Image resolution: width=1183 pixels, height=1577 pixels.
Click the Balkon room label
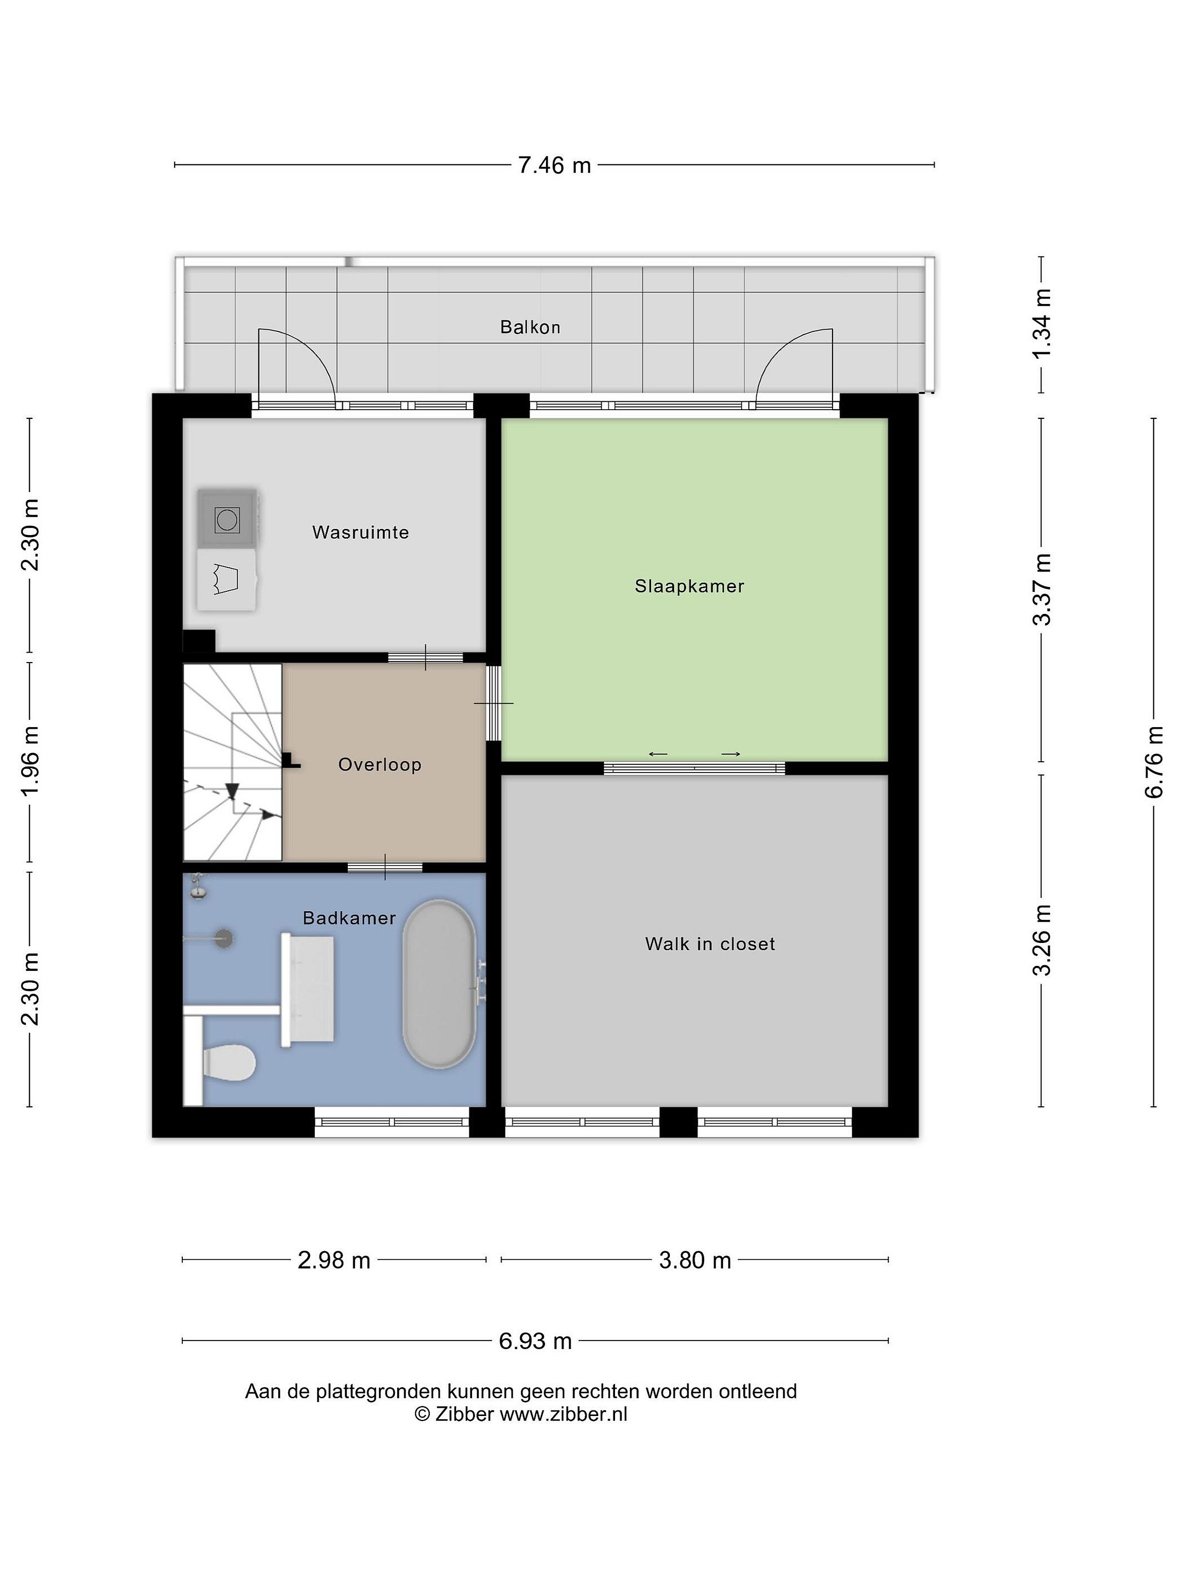[530, 327]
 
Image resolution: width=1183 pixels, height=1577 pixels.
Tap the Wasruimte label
[360, 533]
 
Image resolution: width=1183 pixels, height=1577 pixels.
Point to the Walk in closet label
[709, 944]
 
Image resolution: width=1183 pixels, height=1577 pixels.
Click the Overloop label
[380, 765]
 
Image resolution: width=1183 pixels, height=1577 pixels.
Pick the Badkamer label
[349, 918]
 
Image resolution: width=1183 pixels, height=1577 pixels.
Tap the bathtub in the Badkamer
[439, 984]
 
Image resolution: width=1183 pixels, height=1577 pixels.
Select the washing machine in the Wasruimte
[227, 519]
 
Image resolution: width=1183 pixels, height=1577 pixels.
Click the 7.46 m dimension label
[554, 165]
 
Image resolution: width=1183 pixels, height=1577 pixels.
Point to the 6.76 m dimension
[1154, 762]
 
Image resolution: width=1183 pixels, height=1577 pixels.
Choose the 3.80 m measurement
[694, 1261]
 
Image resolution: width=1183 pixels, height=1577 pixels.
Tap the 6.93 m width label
[535, 1342]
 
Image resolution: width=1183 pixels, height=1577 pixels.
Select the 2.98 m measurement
[334, 1261]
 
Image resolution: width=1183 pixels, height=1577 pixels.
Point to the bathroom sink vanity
[308, 989]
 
